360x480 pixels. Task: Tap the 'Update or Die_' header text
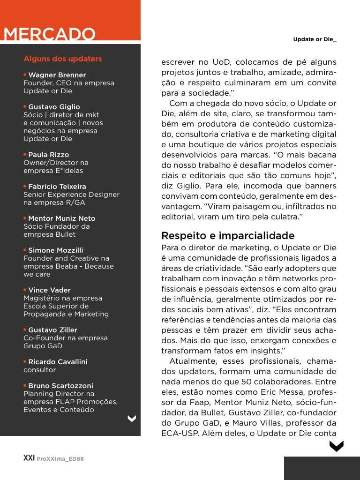coord(315,39)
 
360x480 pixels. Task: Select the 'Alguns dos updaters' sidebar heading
coord(62,59)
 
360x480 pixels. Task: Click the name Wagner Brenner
coord(57,75)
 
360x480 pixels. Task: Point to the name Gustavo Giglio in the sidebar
coord(54,107)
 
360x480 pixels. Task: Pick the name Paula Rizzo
coord(48,155)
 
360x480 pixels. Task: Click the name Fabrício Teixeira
coord(57,187)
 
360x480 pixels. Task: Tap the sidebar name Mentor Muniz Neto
coord(61,218)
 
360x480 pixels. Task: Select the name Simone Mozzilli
coord(55,250)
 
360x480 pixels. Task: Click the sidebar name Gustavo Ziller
coord(52,330)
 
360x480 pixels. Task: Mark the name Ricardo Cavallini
coord(58,362)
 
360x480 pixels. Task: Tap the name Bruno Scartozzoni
coord(60,386)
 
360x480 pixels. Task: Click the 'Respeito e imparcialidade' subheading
coord(228,235)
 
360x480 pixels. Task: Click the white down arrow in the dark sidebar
coord(132,419)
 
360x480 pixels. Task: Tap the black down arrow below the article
coord(336,446)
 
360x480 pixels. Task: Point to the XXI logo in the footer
coord(29,458)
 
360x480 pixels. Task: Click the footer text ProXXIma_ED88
coord(60,459)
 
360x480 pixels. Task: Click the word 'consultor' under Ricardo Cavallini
coord(39,370)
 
